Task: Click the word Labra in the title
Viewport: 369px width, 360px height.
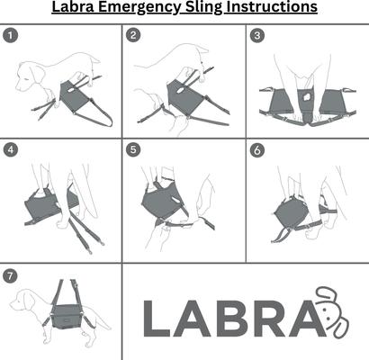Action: click(78, 9)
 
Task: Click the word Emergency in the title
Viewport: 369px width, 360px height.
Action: click(145, 9)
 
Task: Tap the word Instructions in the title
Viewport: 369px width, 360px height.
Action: click(274, 9)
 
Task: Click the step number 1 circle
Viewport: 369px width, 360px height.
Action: click(10, 36)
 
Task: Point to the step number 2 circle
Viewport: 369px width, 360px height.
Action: click(133, 36)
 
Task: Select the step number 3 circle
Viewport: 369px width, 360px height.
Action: click(257, 36)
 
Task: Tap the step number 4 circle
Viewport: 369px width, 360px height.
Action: click(10, 149)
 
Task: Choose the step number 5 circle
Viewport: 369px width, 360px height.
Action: click(133, 149)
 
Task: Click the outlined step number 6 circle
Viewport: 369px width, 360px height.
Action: click(257, 149)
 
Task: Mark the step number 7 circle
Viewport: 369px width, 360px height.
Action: click(10, 274)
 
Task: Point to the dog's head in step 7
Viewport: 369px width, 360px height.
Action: click(22, 310)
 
